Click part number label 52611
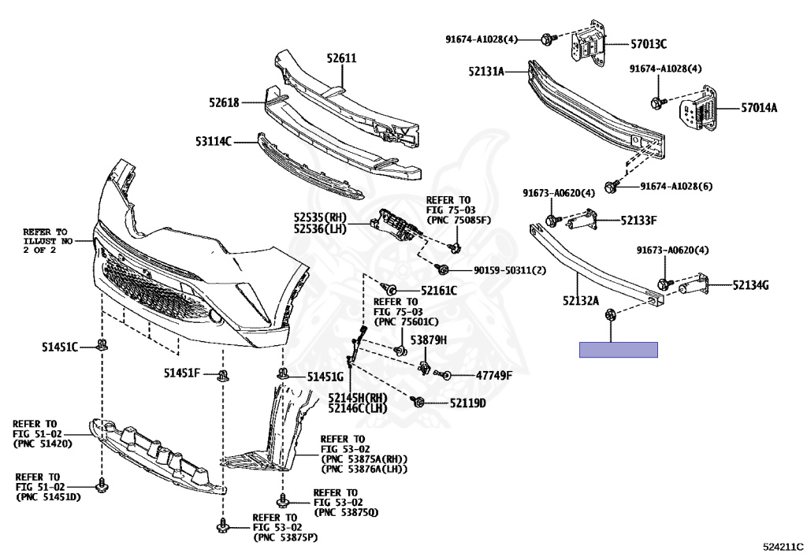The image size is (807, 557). coord(342,58)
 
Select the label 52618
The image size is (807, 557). coord(225,102)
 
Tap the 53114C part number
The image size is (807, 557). coord(214,142)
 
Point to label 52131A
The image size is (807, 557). coord(485,71)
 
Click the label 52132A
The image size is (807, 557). coord(580,300)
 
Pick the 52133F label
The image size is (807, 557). coord(638,220)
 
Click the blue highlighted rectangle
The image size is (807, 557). coord(618,350)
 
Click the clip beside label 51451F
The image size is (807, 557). coord(225,374)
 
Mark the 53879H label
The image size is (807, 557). coord(431,340)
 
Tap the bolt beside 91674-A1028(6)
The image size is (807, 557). coord(610,186)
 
